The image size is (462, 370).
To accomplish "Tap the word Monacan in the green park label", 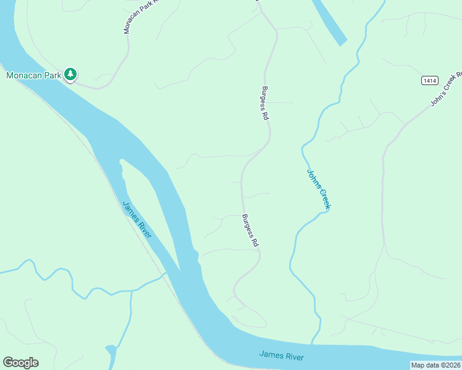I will click(25, 76).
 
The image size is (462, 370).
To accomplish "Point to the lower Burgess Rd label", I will click(250, 231).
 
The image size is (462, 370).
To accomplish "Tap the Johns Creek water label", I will click(318, 190).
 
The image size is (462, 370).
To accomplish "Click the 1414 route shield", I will click(430, 81).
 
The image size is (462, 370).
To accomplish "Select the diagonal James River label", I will click(137, 224).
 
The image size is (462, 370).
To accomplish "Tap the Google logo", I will click(20, 363).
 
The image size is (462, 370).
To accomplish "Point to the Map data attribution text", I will click(435, 365).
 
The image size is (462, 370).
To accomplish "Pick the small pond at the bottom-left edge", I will click(111, 354).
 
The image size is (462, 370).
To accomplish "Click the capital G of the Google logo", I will click(7, 363).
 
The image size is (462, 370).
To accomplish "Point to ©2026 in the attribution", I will click(450, 365).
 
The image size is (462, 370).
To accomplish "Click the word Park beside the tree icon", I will click(54, 76).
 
